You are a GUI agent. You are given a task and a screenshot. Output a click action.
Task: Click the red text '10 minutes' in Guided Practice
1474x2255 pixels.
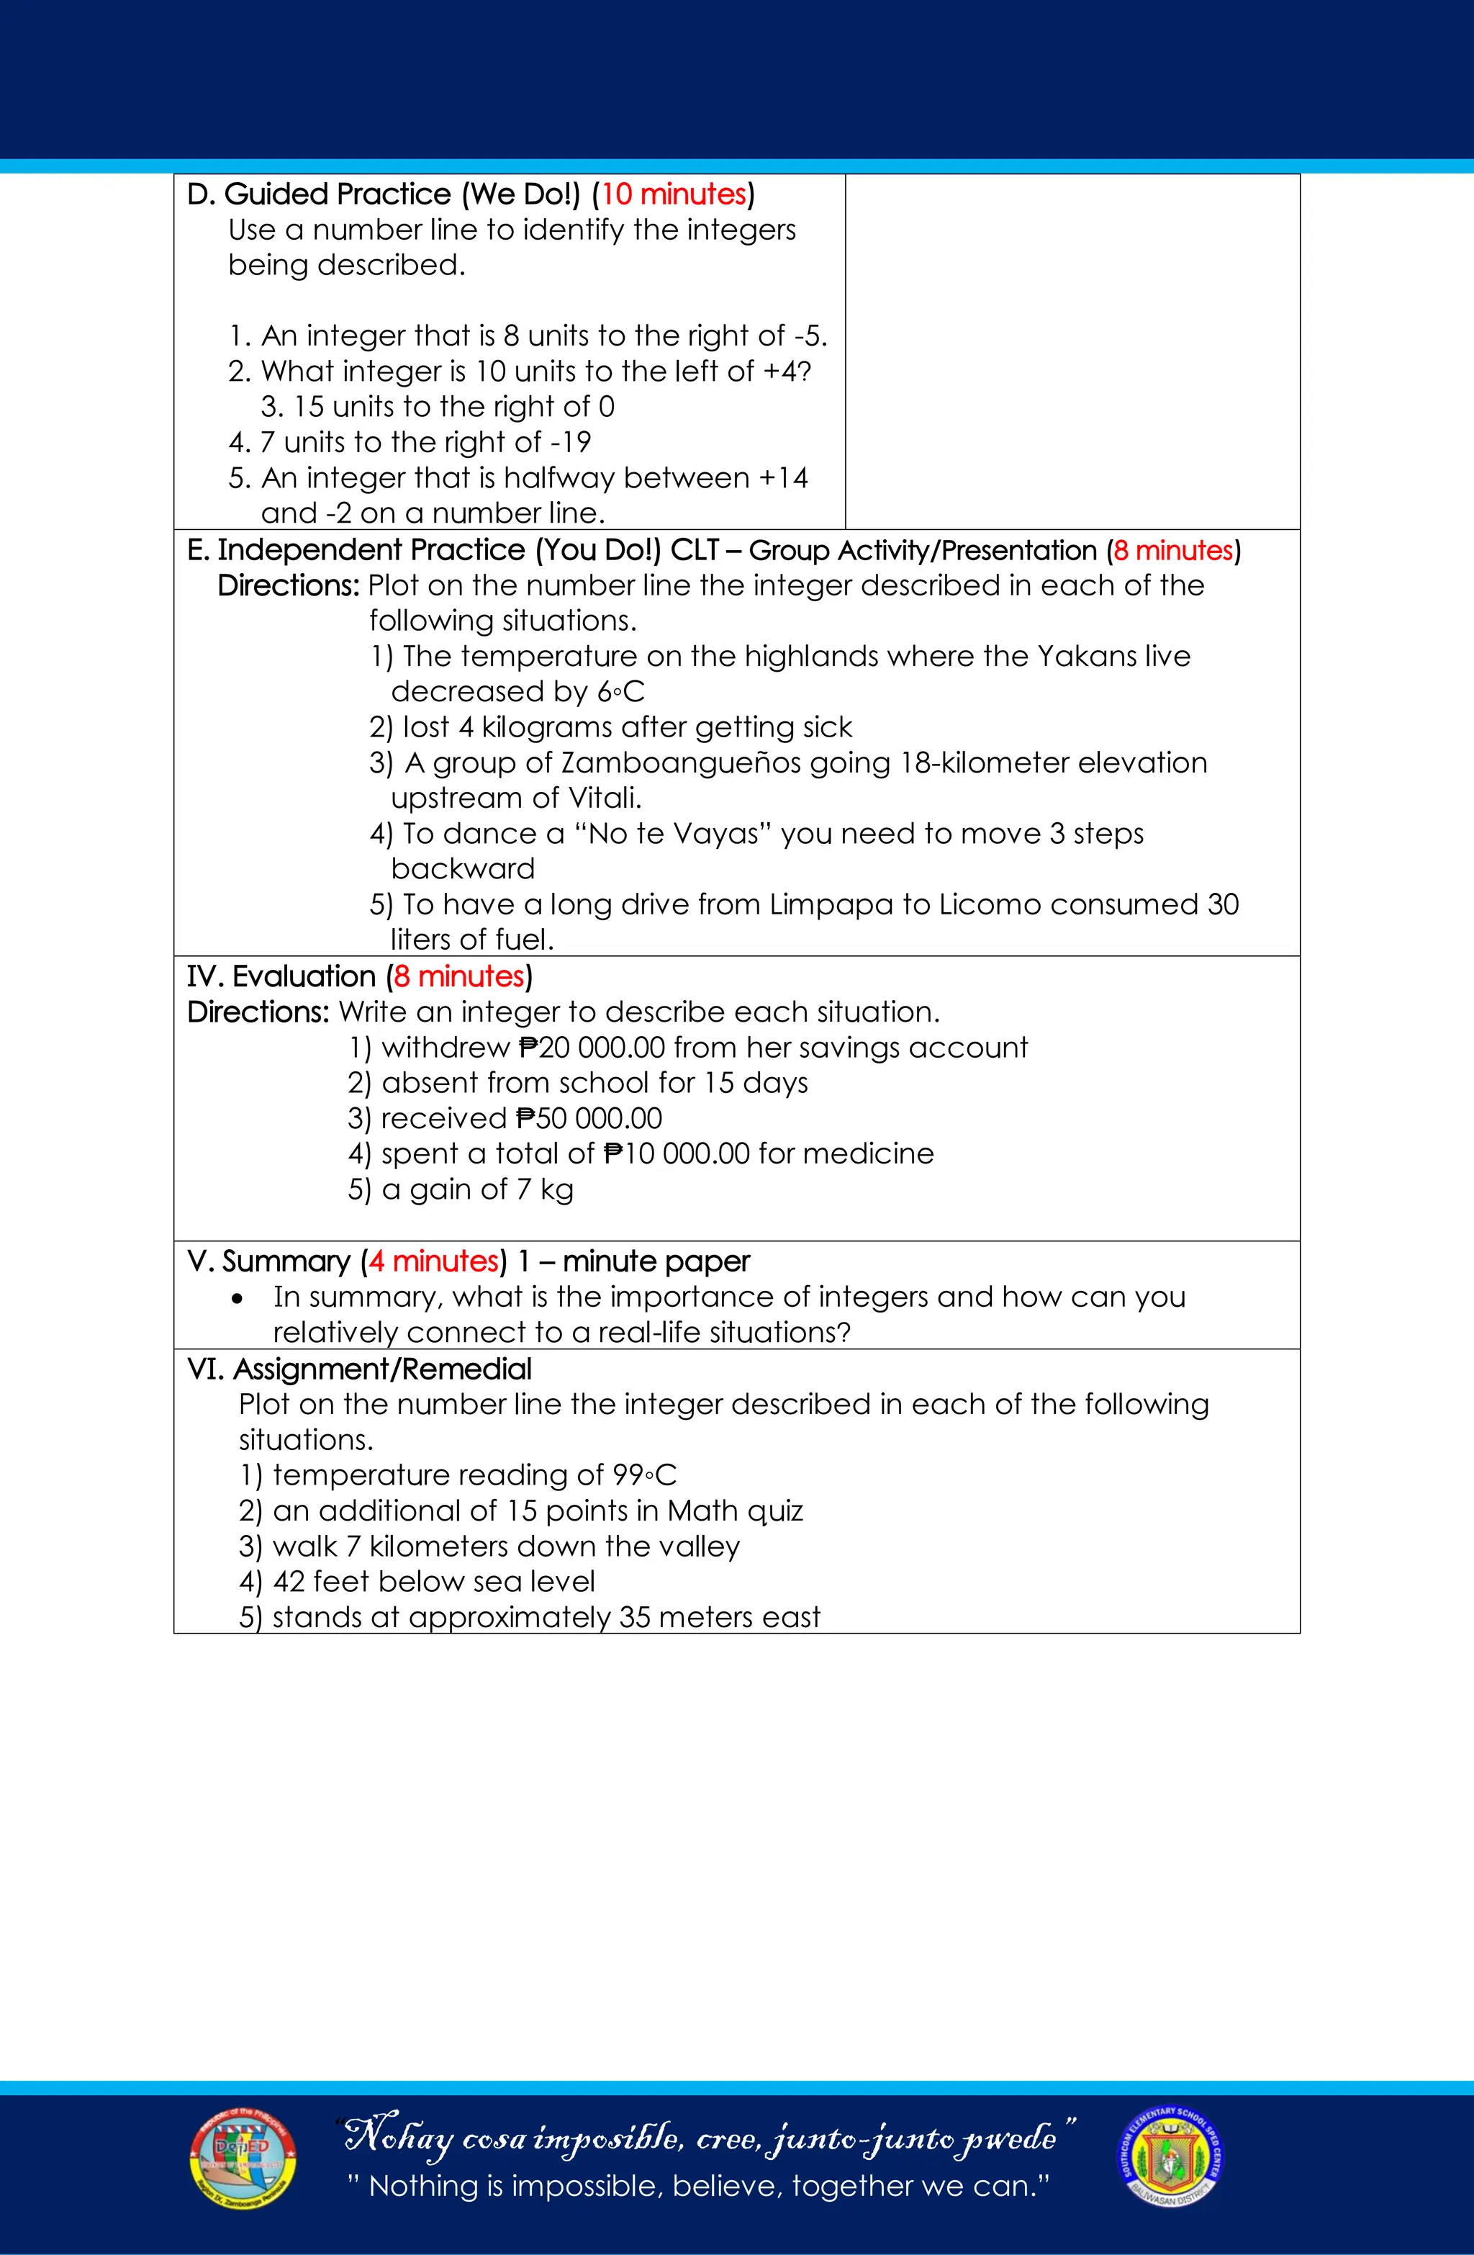pyautogui.click(x=674, y=194)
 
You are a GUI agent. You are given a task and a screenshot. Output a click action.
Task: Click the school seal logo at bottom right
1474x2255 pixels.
pyautogui.click(x=1171, y=2156)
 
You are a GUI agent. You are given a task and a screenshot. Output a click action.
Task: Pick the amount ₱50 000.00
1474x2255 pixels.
pyautogui.click(x=589, y=1118)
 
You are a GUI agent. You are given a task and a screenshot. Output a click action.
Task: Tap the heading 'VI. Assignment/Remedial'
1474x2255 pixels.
pyautogui.click(x=359, y=1369)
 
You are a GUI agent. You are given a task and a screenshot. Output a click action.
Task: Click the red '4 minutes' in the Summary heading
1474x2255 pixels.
pyautogui.click(x=434, y=1261)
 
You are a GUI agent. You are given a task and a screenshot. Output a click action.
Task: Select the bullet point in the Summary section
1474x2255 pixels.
pyautogui.click(x=237, y=1299)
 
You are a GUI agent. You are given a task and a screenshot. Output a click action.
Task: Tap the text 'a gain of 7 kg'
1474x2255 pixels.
pyautogui.click(x=476, y=1189)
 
